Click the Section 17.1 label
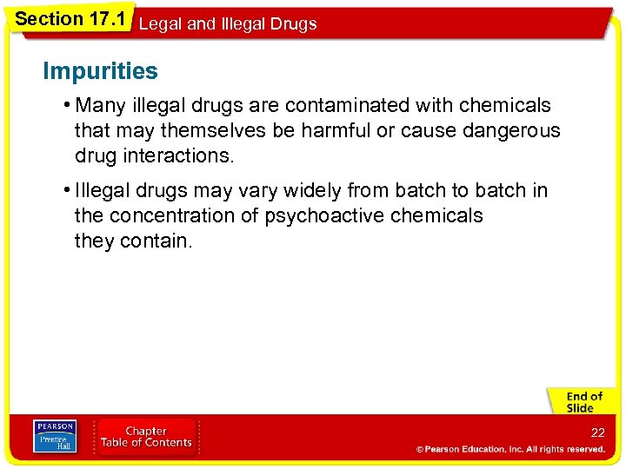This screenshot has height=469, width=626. click(x=70, y=17)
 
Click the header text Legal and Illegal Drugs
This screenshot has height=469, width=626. click(x=228, y=24)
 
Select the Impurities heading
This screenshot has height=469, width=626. click(x=101, y=71)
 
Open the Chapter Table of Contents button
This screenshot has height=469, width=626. click(x=146, y=437)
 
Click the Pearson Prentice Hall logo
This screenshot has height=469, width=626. click(x=54, y=437)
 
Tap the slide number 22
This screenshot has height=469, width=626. click(x=597, y=433)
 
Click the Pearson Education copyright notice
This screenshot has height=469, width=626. click(x=510, y=449)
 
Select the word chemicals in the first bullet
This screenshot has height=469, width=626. click(x=505, y=106)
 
